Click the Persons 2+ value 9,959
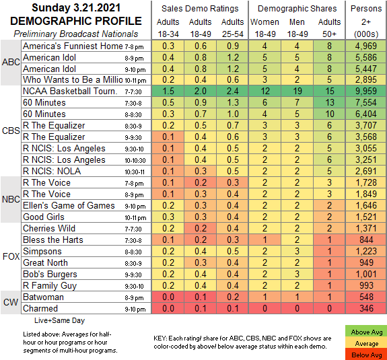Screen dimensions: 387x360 pyautogui.click(x=366, y=91)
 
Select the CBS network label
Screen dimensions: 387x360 pyautogui.click(x=11, y=131)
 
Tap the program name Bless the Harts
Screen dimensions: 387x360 pyautogui.click(x=53, y=240)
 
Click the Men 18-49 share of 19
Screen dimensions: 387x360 pyautogui.click(x=297, y=91)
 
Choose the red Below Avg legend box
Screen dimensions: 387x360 pyautogui.click(x=365, y=355)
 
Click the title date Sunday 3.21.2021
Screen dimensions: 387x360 pyautogui.click(x=76, y=7)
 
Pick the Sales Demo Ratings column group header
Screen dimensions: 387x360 pyautogui.click(x=200, y=9)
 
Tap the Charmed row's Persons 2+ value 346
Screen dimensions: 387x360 pyautogui.click(x=366, y=308)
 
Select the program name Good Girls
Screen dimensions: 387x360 pyautogui.click(x=44, y=217)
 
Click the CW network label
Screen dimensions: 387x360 pyautogui.click(x=11, y=302)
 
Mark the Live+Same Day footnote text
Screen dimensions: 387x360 pyautogui.click(x=59, y=320)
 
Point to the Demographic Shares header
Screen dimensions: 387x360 pyautogui.click(x=297, y=9)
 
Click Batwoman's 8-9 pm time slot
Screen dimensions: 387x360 pyautogui.click(x=134, y=298)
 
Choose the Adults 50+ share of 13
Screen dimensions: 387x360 pyautogui.click(x=329, y=102)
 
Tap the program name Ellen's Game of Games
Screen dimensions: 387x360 pyautogui.click(x=69, y=205)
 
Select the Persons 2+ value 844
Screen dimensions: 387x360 pyautogui.click(x=366, y=240)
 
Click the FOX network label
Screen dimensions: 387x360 pyautogui.click(x=11, y=256)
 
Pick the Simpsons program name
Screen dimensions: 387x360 pyautogui.click(x=42, y=251)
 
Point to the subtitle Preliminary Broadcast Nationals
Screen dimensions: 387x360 pyautogui.click(x=76, y=34)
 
